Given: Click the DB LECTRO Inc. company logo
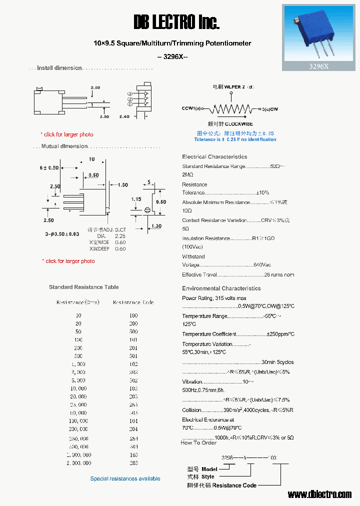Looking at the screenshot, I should [x=176, y=22].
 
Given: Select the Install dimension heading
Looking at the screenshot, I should [x=59, y=68].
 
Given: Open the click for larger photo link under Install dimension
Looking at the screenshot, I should [x=68, y=134].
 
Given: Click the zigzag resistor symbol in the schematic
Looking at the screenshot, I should [x=231, y=109].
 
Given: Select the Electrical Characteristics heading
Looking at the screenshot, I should [x=214, y=156].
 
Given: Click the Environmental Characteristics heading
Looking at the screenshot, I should [x=221, y=288].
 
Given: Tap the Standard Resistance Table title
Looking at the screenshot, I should [x=84, y=287].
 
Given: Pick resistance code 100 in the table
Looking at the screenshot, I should [x=133, y=315].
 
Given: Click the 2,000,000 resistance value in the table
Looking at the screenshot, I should [x=78, y=463].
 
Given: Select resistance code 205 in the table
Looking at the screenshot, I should [x=133, y=463].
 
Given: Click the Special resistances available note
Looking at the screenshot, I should [x=125, y=478].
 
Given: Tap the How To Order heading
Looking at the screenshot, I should [x=198, y=443].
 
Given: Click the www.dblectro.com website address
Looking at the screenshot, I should [x=319, y=494].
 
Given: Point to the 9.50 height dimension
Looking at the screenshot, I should [x=160, y=202].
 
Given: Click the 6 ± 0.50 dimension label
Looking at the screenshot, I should [x=49, y=167].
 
